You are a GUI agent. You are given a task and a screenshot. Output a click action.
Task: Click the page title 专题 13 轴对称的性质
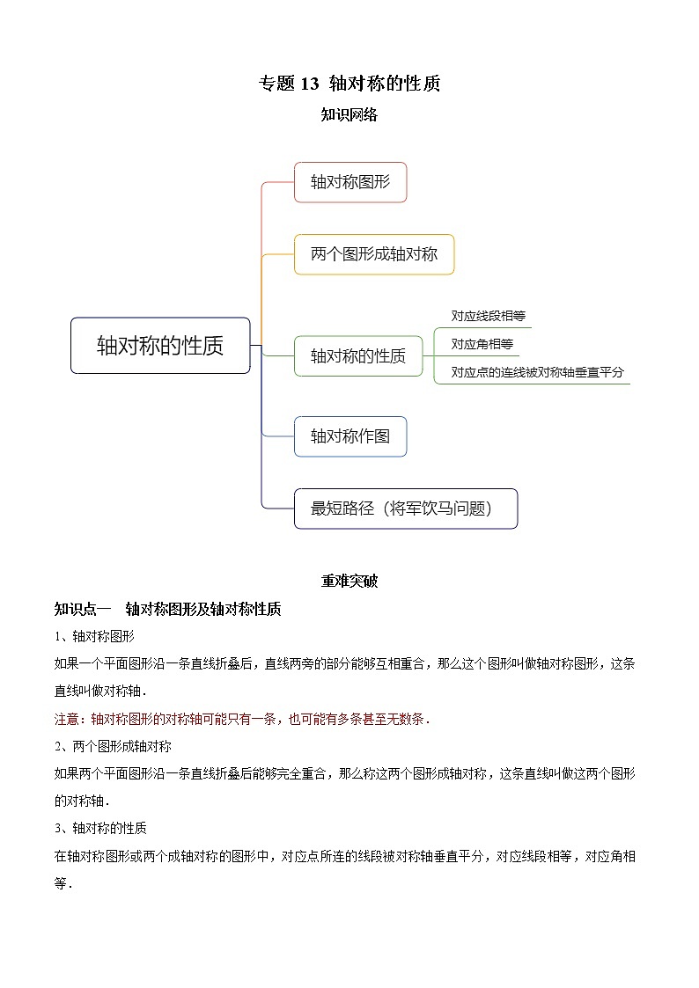click(x=349, y=84)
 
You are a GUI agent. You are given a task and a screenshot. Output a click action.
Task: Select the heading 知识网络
click(x=349, y=114)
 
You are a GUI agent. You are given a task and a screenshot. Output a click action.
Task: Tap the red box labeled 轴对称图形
click(x=350, y=182)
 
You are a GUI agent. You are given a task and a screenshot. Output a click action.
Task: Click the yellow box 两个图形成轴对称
click(x=374, y=254)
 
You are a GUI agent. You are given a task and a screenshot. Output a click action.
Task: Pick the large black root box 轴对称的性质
click(x=160, y=346)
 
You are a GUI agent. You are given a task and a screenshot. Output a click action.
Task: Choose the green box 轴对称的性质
click(x=358, y=356)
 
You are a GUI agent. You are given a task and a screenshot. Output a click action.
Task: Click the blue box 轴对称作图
click(x=350, y=436)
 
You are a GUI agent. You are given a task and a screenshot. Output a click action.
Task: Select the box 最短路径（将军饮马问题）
click(x=406, y=509)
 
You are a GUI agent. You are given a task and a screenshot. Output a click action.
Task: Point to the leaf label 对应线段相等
click(x=488, y=316)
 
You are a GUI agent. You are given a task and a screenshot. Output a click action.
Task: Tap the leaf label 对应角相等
click(x=482, y=344)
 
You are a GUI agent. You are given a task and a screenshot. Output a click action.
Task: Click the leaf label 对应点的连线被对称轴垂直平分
click(x=537, y=372)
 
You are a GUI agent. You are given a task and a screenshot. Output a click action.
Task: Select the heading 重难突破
click(x=349, y=582)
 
